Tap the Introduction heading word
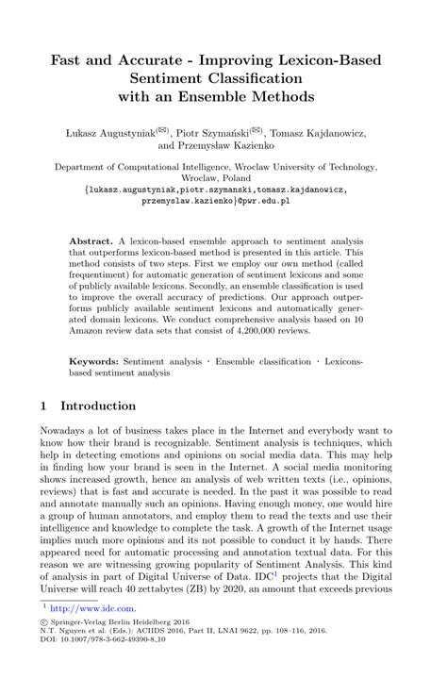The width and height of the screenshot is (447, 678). click(98, 405)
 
